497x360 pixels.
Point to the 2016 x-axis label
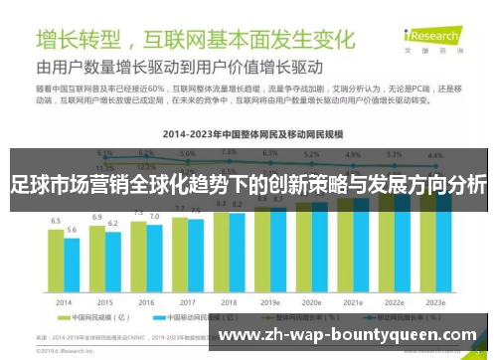(146, 302)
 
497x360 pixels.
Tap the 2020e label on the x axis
(311, 302)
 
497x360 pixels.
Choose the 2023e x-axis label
(434, 302)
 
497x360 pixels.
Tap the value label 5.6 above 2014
(72, 230)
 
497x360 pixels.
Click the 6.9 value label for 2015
(96, 216)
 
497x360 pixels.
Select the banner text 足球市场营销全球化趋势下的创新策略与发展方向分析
(248, 185)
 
